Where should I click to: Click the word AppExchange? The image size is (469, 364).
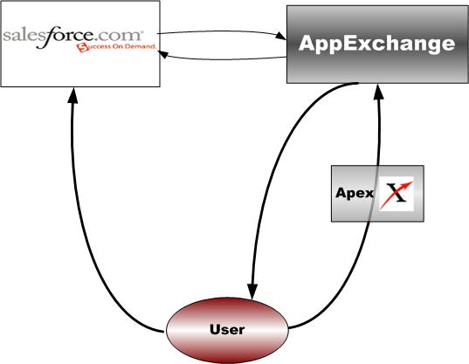pyautogui.click(x=377, y=45)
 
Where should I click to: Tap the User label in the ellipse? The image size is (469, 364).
pyautogui.click(x=227, y=329)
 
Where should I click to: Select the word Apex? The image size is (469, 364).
pyautogui.click(x=355, y=193)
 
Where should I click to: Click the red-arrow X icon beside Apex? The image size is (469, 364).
pyautogui.click(x=397, y=194)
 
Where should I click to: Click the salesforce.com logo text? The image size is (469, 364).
pyautogui.click(x=72, y=36)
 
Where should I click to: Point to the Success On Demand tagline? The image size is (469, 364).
pyautogui.click(x=117, y=47)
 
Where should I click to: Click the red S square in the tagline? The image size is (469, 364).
pyautogui.click(x=82, y=48)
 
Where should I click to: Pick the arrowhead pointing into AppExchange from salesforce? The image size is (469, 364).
pyautogui.click(x=280, y=36)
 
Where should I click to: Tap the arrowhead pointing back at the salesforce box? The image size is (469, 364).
pyautogui.click(x=162, y=54)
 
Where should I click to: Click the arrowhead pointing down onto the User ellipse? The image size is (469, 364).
pyautogui.click(x=252, y=291)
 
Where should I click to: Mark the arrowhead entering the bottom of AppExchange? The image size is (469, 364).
pyautogui.click(x=379, y=93)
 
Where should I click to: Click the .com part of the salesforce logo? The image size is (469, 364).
pyautogui.click(x=119, y=36)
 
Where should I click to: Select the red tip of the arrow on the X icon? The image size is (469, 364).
pyautogui.click(x=409, y=183)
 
